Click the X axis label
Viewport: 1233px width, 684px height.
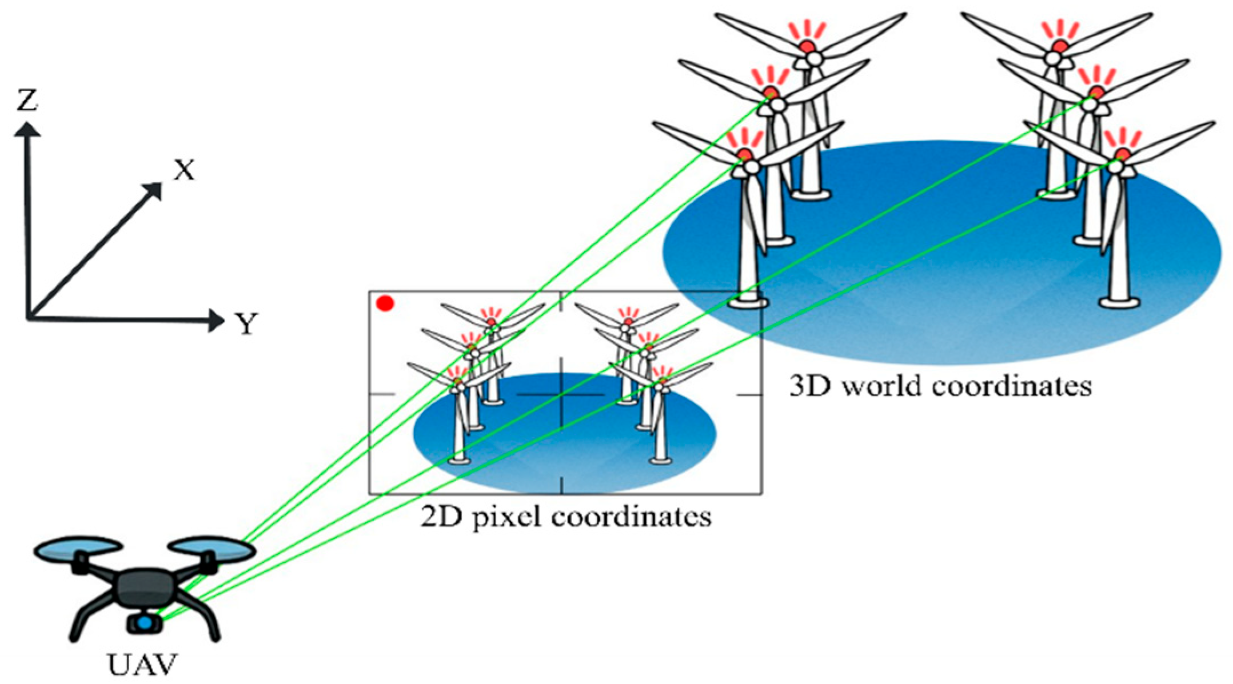[x=184, y=170]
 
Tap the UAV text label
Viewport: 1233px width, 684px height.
[x=142, y=665]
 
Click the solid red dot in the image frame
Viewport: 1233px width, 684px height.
[x=385, y=303]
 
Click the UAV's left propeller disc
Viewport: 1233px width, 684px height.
[x=78, y=549]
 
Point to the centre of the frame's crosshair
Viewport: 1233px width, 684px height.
[x=561, y=394]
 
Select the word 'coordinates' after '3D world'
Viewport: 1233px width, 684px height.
[x=1011, y=386]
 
